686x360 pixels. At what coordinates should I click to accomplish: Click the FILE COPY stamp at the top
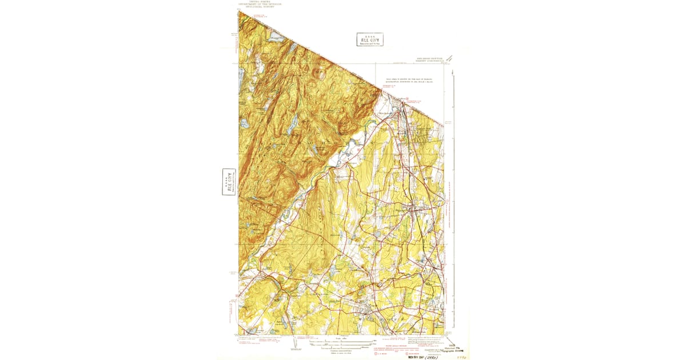[x=369, y=39]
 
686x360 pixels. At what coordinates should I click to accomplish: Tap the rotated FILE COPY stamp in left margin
[x=229, y=182]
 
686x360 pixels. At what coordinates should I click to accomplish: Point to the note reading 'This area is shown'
[x=409, y=81]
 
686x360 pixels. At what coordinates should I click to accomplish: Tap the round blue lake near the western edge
[x=245, y=123]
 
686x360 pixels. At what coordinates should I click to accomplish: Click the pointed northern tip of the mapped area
[x=240, y=12]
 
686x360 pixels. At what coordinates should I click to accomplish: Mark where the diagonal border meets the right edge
[x=444, y=122]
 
